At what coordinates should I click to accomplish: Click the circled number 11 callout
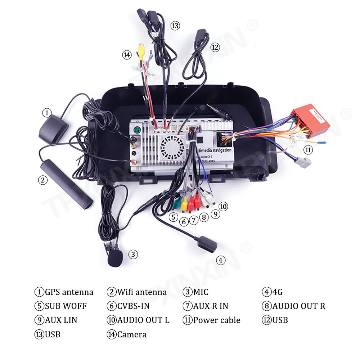(x=308, y=150)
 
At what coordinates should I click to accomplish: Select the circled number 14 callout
(x=126, y=55)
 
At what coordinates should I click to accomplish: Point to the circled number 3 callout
(x=133, y=255)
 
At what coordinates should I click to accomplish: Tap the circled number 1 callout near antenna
(x=46, y=113)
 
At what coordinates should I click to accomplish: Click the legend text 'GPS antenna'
(x=69, y=292)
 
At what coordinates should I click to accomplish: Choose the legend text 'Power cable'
(x=217, y=320)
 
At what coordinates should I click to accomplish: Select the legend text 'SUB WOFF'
(x=66, y=306)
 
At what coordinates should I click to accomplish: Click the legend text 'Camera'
(x=132, y=334)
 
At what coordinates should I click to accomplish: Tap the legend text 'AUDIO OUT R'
(x=299, y=306)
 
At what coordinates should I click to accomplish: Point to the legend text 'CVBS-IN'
(x=133, y=306)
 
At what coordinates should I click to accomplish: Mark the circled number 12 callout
(x=215, y=47)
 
